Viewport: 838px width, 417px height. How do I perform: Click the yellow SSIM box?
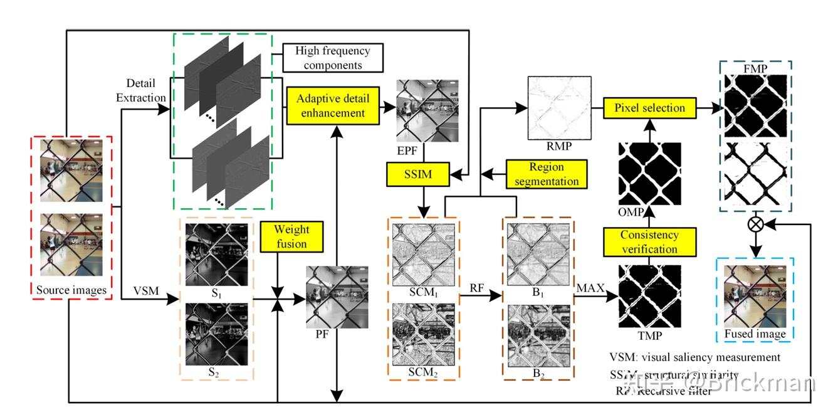[x=418, y=174]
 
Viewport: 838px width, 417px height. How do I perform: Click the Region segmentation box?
[x=547, y=174]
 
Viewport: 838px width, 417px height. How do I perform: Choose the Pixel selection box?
[x=649, y=108]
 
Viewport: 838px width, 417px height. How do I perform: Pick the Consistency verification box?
[x=649, y=242]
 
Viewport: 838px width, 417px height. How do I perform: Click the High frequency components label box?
[x=332, y=58]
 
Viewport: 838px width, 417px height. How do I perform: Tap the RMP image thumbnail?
[x=560, y=107]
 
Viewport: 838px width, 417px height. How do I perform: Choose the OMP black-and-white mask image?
[x=649, y=174]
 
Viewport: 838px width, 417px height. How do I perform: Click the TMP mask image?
[x=649, y=296]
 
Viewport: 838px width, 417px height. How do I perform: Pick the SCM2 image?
[x=424, y=334]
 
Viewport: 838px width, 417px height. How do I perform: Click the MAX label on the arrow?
[x=590, y=288]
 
